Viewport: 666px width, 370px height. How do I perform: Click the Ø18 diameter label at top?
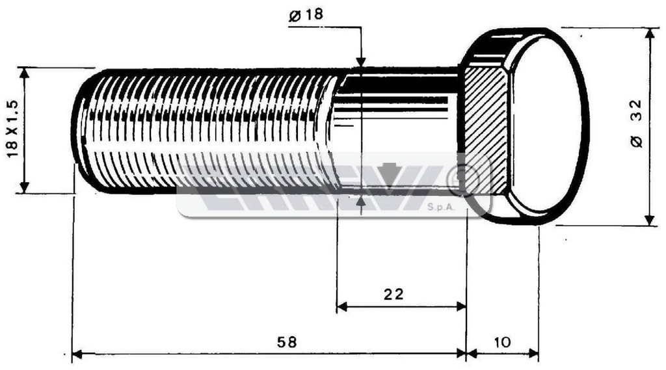click(306, 16)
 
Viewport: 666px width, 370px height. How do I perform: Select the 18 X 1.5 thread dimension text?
click(13, 129)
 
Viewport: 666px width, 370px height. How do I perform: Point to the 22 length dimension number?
click(393, 294)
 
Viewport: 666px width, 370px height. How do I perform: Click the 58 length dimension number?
click(287, 342)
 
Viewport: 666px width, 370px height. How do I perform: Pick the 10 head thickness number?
click(503, 342)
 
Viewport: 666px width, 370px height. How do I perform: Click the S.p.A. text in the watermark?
click(441, 207)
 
